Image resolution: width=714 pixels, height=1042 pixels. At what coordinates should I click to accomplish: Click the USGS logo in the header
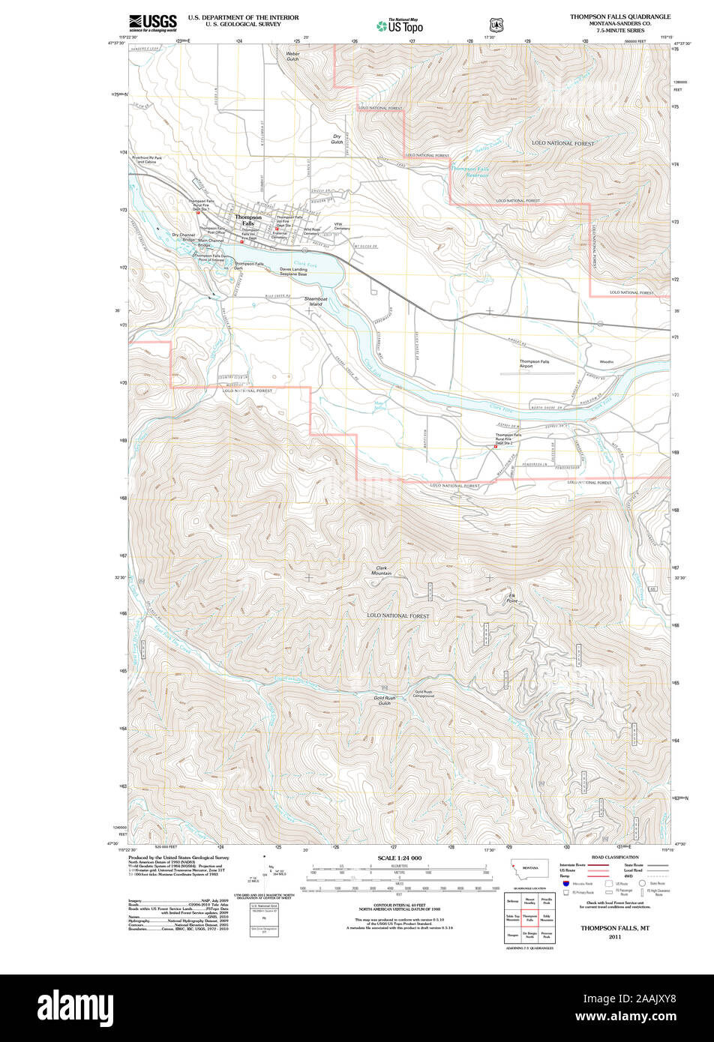tap(152, 22)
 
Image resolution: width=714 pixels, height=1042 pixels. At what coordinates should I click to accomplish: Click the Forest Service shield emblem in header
tap(495, 24)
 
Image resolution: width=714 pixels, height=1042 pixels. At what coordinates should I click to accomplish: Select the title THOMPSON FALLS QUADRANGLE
tap(619, 16)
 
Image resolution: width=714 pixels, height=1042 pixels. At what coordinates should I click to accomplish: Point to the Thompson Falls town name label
tap(248, 220)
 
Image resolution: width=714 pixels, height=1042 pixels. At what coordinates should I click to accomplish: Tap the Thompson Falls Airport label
tap(535, 364)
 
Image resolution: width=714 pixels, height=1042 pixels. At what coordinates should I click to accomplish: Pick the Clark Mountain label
tap(383, 570)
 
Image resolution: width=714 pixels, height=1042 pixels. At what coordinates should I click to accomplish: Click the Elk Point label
tap(511, 598)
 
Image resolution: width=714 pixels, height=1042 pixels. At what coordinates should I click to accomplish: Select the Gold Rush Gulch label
tap(384, 700)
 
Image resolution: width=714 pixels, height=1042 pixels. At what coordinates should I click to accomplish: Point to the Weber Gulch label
tap(292, 56)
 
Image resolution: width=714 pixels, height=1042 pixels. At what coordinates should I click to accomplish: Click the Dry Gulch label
tap(337, 139)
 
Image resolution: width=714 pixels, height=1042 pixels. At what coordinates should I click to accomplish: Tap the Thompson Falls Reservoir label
tap(469, 172)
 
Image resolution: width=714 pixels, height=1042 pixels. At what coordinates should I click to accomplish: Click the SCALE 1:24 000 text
tap(400, 858)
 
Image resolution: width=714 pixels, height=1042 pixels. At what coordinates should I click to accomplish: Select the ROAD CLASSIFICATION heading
tap(614, 857)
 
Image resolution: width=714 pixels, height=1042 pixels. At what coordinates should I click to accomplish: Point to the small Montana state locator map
tap(529, 869)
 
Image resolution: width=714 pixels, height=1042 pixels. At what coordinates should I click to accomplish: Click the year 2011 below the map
tap(615, 937)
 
